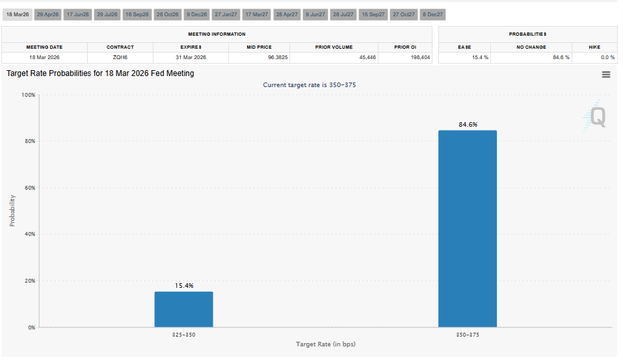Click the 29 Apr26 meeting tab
pos(48,14)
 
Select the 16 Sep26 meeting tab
pos(137,14)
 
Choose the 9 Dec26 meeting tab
pos(196,14)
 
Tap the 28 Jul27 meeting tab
pos(343,14)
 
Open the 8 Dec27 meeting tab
pos(432,14)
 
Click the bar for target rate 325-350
pos(183,309)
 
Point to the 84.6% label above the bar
pos(468,124)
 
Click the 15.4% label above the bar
pos(183,285)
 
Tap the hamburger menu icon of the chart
pos(606,75)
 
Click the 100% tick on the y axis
pos(28,95)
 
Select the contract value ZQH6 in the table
pos(120,57)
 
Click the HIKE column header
pos(594,47)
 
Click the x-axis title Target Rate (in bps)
pos(326,344)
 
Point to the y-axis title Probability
pos(12,211)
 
